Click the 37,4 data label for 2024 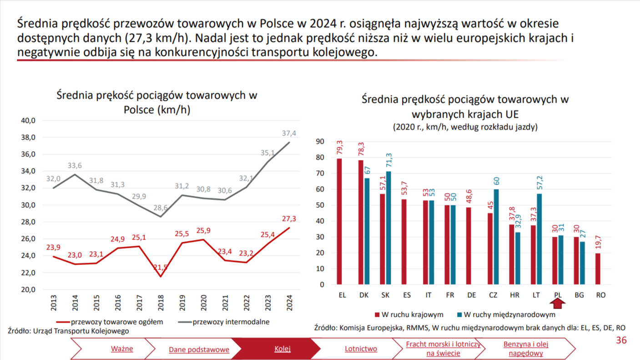click(289, 133)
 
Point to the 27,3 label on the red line click(289, 219)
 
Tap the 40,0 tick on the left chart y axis click(28, 120)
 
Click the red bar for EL click(339, 221)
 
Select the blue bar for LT click(539, 239)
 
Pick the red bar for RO click(598, 269)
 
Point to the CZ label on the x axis click(493, 295)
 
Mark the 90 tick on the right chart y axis click(320, 142)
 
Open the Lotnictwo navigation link click(361, 349)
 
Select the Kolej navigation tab click(282, 349)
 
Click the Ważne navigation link click(122, 349)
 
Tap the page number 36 click(621, 340)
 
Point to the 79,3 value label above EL click(339, 149)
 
